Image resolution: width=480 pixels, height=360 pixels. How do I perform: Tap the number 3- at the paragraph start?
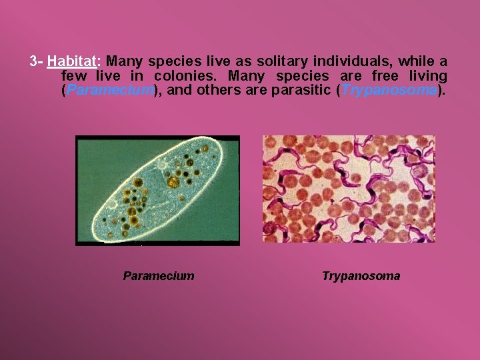coord(37,62)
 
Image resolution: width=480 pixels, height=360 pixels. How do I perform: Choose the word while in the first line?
coord(416,62)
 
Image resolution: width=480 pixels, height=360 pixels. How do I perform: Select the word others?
coord(222,90)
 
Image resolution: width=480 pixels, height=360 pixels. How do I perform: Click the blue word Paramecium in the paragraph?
coord(110,90)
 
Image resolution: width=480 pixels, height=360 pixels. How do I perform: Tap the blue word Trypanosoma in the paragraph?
coord(390,90)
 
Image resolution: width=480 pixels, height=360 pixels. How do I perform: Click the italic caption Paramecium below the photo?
coord(159,276)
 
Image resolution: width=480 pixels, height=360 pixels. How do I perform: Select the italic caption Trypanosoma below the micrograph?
coord(361,276)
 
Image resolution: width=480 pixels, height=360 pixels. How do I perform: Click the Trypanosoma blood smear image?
coord(349,189)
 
